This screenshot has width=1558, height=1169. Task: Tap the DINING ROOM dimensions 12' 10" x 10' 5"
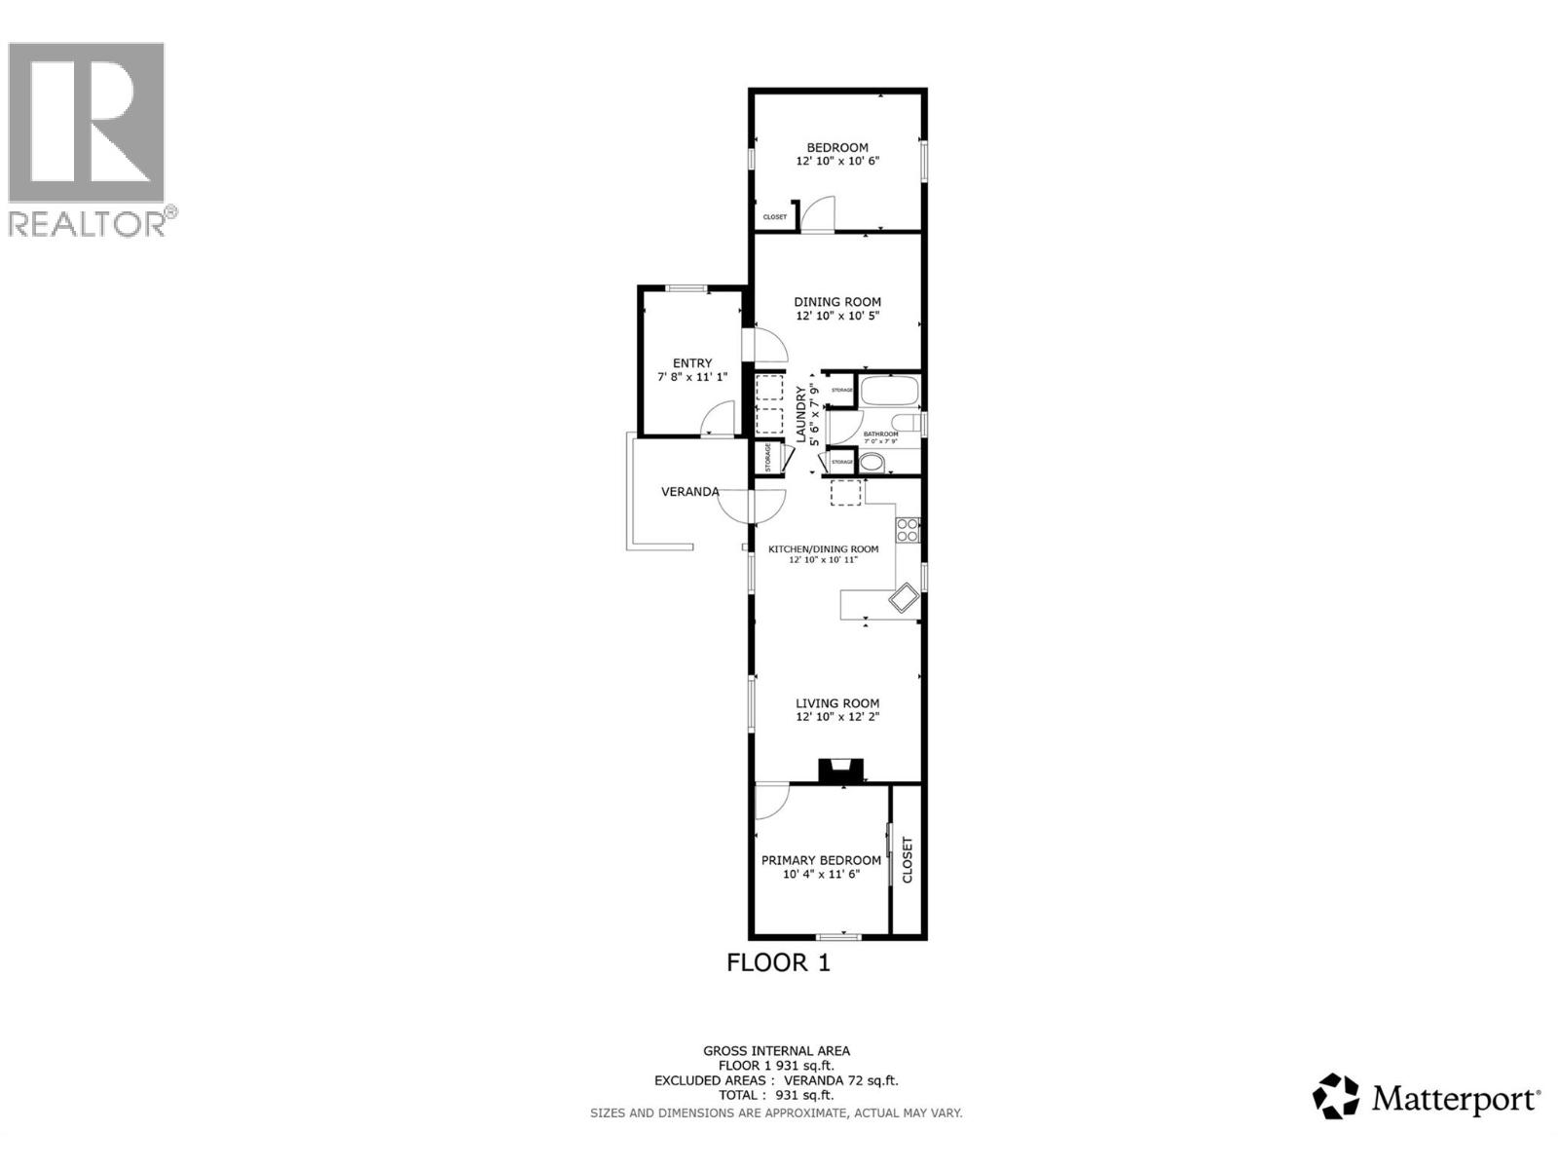coord(837,316)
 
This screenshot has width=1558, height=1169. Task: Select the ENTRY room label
coord(692,363)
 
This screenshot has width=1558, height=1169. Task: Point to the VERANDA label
coord(689,492)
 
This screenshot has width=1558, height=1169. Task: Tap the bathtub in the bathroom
coord(890,391)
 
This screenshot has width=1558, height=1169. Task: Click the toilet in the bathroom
coord(909,423)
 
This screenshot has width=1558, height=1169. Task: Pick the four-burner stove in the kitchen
coord(908,530)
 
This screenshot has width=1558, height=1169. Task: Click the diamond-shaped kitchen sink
coord(903,598)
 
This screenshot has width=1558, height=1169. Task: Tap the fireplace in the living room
coord(840,771)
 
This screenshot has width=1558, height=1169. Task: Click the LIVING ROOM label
coord(837,703)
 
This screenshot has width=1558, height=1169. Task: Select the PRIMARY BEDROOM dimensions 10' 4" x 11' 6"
coord(821,874)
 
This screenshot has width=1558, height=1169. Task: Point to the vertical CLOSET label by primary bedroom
coord(908,860)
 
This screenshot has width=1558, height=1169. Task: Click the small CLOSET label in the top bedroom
coord(775,217)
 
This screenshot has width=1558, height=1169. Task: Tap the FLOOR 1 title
coord(778,963)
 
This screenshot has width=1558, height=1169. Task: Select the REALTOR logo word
coord(88,224)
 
